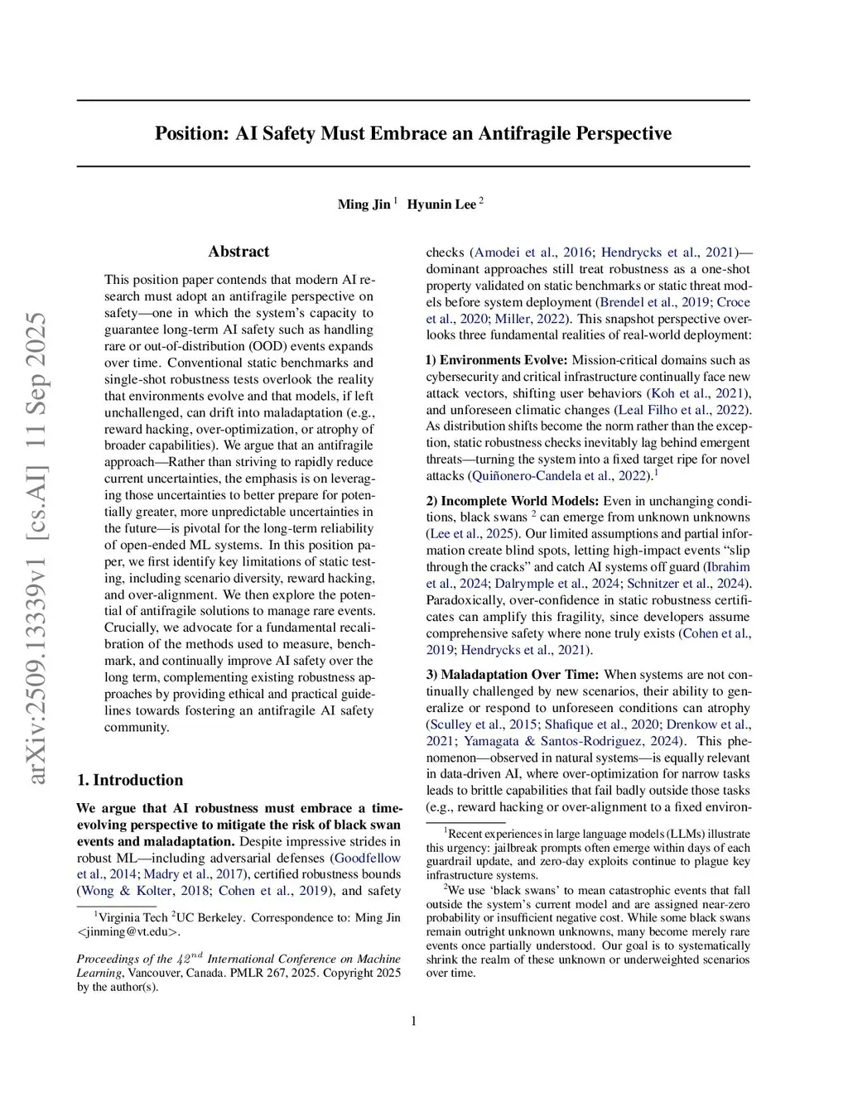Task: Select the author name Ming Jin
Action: coord(364,204)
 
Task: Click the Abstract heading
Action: coord(238,252)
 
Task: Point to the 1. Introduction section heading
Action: coord(130,780)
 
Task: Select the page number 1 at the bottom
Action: coord(413,1021)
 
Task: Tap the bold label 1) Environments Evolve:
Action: coord(497,360)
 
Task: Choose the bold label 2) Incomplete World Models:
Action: coord(513,501)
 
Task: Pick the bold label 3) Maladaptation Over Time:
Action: coord(513,675)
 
